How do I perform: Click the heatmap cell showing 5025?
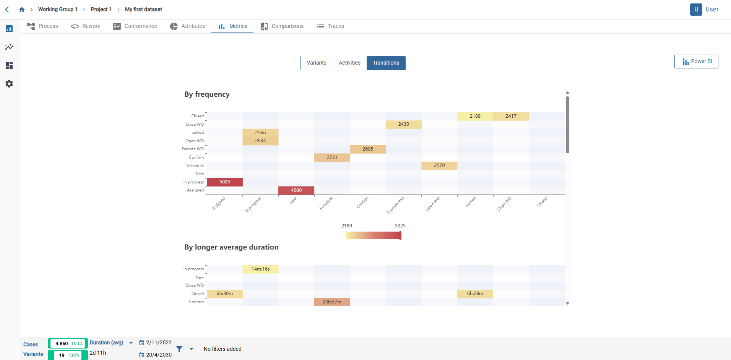pos(225,182)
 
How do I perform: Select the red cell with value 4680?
pos(296,190)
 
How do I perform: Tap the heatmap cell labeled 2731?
pos(332,157)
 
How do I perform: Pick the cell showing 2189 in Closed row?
pos(475,116)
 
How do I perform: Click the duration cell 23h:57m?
pos(332,302)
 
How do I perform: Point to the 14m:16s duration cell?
pos(260,269)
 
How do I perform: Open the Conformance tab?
pos(135,26)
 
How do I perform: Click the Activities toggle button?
pos(349,63)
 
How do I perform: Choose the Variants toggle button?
pos(316,63)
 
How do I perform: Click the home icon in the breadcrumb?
pos(22,10)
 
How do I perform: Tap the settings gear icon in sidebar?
pos(9,84)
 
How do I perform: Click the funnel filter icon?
pos(179,349)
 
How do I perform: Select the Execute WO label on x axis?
pos(395,205)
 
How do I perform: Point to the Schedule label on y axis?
pos(195,166)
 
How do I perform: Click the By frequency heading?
pos(207,94)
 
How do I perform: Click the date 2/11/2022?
pos(159,342)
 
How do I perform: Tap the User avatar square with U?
pos(696,10)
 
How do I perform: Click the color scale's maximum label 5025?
pos(400,226)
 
